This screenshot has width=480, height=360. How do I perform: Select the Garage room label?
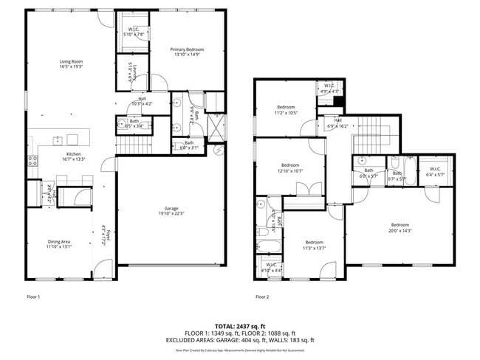[x=171, y=210]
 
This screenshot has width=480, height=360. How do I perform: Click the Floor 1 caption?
[x=33, y=297]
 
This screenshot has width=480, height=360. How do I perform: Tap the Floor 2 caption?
[x=262, y=297]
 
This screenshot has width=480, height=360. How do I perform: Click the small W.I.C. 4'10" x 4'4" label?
[x=271, y=268]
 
